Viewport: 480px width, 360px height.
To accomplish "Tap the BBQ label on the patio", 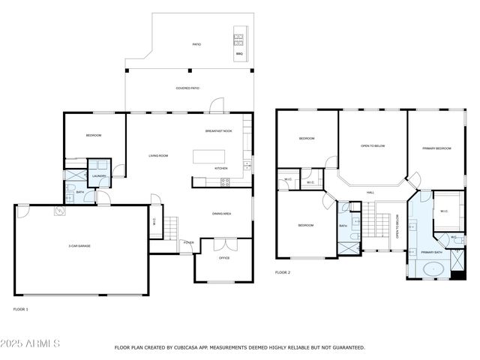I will click(239, 54).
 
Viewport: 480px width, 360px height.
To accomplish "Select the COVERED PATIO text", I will click(187, 88).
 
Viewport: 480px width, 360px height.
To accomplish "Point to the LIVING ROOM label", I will click(157, 155).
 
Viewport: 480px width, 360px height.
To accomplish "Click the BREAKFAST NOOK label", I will click(218, 131).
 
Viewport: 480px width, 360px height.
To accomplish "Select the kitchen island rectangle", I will click(214, 156).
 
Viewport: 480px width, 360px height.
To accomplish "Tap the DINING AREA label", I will click(221, 214).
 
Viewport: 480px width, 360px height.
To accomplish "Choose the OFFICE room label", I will click(223, 258).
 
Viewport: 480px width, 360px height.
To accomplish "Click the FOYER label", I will click(187, 242).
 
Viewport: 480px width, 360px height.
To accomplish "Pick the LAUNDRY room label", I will click(99, 175).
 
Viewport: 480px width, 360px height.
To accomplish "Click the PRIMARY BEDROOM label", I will click(436, 148).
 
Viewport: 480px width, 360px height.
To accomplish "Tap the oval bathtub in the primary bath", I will click(434, 268).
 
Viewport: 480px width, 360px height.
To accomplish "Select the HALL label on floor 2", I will click(370, 193).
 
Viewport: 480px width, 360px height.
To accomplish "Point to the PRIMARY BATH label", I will click(431, 253).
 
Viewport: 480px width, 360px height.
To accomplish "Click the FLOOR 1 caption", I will click(21, 309).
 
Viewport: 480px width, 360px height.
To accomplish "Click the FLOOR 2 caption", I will click(282, 272).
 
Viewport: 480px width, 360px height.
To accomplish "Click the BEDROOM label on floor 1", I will click(93, 135).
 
